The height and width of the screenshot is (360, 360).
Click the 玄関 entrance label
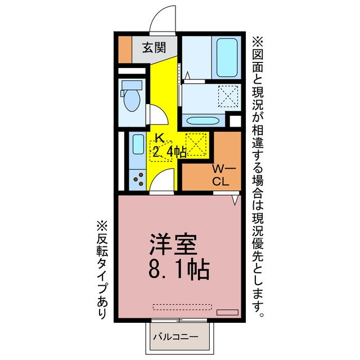point(154,48)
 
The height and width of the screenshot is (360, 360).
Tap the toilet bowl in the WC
point(132,100)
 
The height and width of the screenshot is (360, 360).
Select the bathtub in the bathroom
point(227,57)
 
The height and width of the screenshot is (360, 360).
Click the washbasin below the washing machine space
point(202,120)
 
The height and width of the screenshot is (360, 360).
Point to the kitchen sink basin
point(138,145)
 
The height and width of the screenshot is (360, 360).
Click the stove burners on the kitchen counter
point(138,179)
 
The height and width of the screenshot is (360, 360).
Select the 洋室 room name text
point(173,245)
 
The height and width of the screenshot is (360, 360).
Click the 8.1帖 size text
point(179,270)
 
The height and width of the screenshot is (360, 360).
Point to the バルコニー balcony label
point(176,337)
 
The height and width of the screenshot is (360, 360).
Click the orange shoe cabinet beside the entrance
point(125,49)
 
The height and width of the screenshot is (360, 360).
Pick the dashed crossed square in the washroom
point(228,96)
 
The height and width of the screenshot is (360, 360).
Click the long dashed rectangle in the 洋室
point(182,307)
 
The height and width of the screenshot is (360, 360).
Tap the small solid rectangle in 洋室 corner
point(227,312)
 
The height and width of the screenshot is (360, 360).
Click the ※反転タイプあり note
point(102,270)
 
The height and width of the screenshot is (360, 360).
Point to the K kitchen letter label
point(159,138)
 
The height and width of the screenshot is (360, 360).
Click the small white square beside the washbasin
point(235,121)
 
